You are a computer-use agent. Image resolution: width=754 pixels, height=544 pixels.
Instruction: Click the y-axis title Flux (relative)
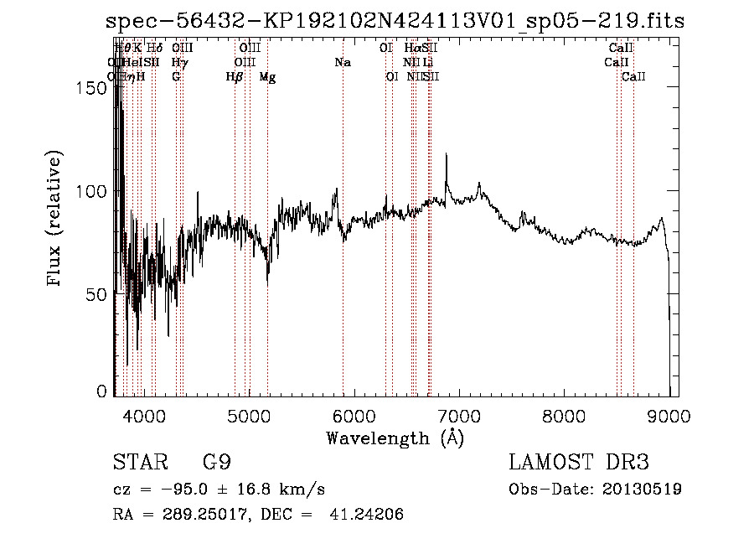56,220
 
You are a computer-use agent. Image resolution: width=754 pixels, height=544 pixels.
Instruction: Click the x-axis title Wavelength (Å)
395,438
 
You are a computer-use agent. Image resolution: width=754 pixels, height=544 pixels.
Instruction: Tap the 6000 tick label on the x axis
354,415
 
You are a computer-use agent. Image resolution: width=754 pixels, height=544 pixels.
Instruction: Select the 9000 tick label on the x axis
669,415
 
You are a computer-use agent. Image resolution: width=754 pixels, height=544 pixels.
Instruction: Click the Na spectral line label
342,63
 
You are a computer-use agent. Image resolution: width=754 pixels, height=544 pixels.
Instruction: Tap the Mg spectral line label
267,77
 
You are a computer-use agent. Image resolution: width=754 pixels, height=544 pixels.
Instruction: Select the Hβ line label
235,77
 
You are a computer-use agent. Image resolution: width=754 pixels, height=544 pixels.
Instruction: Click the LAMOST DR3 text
578,463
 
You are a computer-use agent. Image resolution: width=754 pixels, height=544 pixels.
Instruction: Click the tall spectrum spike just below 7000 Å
447,156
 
